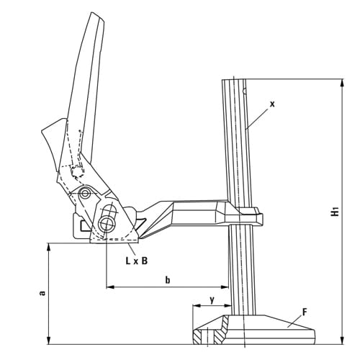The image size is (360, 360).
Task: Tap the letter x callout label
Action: pyautogui.click(x=273, y=104)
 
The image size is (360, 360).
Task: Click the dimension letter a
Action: pyautogui.click(x=42, y=293)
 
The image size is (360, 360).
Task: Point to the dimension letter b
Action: pyautogui.click(x=167, y=279)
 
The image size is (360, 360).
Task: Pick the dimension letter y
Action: pyautogui.click(x=211, y=298)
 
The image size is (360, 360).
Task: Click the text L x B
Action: pyautogui.click(x=136, y=261)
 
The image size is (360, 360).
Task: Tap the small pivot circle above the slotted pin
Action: pyautogui.click(x=86, y=194)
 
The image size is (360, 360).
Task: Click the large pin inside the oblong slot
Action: pyautogui.click(x=108, y=221)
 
